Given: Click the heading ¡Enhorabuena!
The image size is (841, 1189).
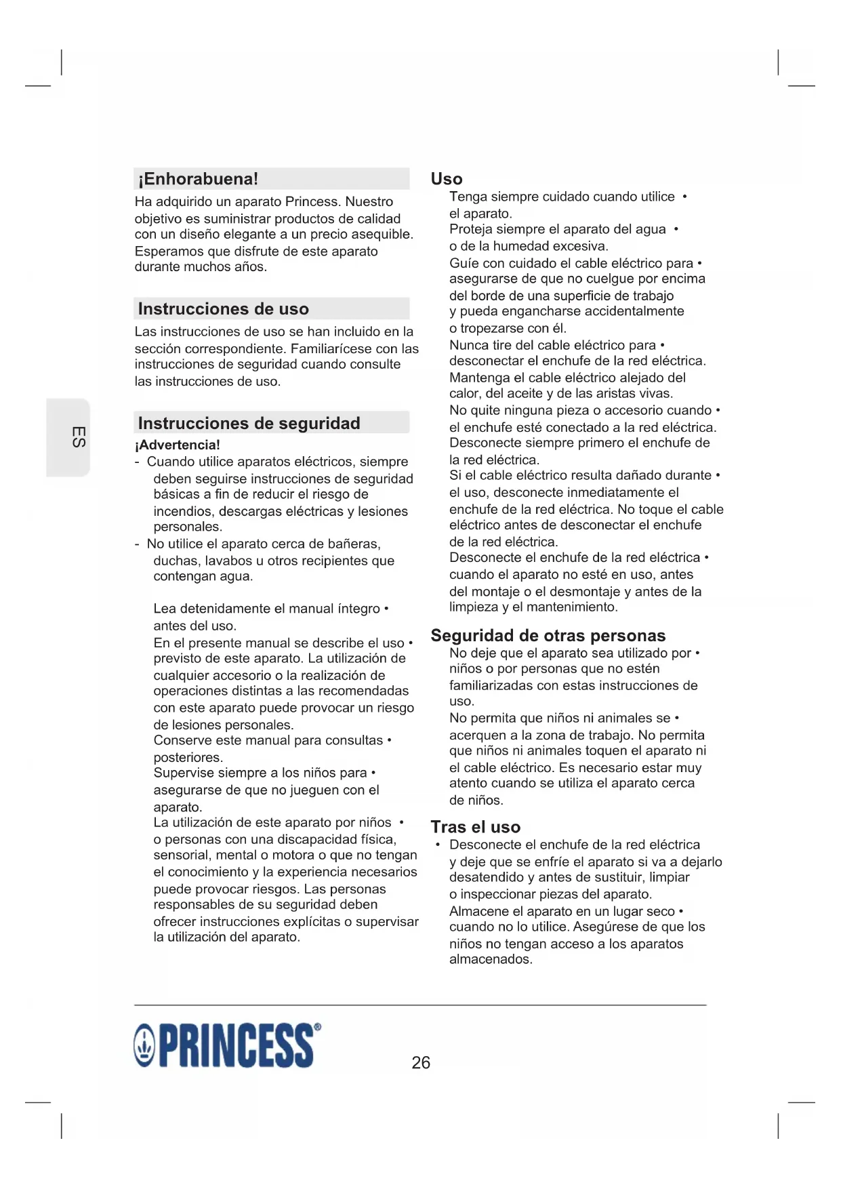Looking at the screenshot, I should coord(198,179).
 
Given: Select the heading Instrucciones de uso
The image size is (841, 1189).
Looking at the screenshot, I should coord(223,309).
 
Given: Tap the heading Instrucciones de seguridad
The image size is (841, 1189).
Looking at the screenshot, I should coord(249,424).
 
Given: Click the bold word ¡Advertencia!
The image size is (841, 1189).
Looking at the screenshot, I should coord(177,445).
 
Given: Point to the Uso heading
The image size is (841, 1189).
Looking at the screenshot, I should coord(447,179).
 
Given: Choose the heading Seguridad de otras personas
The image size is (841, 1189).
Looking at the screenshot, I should coord(548,636).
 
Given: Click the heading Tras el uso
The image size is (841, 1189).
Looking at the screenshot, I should coord(475,827).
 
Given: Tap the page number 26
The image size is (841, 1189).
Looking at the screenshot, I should coord(421,1062).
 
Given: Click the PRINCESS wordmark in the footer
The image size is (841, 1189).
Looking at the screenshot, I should coord(236,1046).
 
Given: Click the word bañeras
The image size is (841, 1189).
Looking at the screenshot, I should coord(358,544).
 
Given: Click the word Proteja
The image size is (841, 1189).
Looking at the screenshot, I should coord(472,230).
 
